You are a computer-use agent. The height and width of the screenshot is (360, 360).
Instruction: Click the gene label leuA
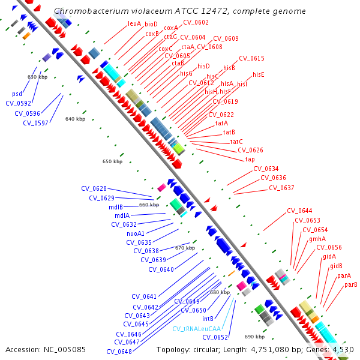[x=134, y=23]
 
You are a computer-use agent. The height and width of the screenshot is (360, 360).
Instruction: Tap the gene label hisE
[x=259, y=74]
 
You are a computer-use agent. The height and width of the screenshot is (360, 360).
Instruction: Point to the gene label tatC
[x=236, y=142]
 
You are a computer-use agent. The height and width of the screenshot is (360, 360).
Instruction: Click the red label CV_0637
[x=281, y=188]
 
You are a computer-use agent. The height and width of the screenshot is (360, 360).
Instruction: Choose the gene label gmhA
[x=317, y=239]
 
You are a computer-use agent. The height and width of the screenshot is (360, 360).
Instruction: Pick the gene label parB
[x=351, y=284]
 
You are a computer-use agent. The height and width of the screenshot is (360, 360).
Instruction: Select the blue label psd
[x=17, y=94]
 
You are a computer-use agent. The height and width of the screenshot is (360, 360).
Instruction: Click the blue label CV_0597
[x=35, y=123]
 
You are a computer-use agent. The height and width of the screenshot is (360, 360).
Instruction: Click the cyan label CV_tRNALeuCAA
[x=197, y=329]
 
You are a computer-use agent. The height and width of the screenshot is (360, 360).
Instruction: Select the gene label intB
[x=208, y=319]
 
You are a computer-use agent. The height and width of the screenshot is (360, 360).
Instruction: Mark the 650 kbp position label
[x=112, y=161]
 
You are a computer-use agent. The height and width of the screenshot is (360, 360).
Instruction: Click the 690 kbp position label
[x=254, y=337]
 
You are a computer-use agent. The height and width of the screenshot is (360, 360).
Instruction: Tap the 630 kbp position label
[x=37, y=77]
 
